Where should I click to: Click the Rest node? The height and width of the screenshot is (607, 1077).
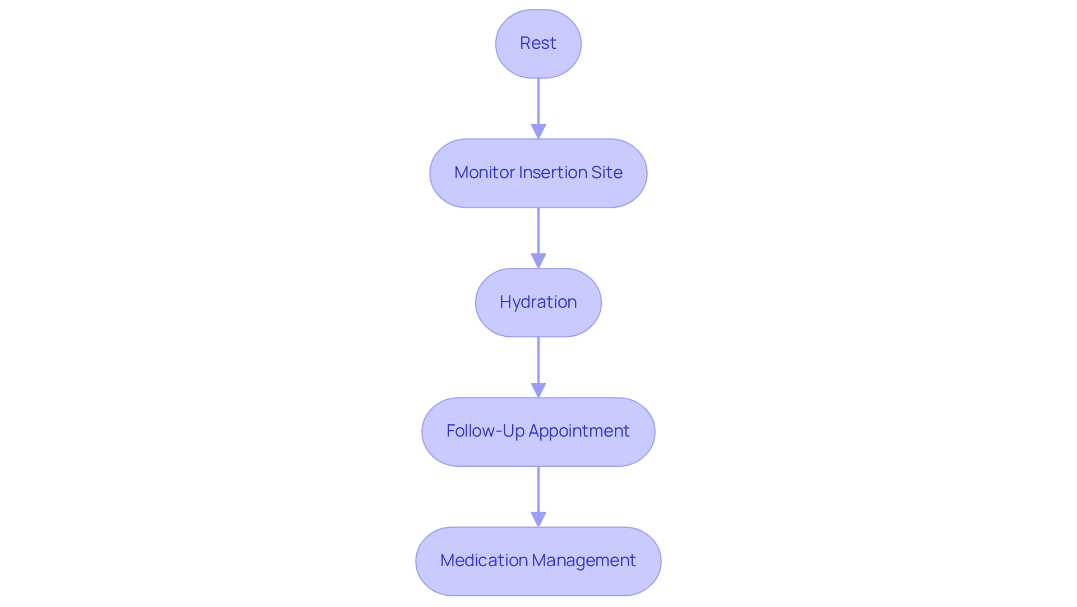coord(538,44)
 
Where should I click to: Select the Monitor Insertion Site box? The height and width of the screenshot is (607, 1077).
coord(538,173)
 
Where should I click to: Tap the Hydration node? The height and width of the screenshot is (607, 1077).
coord(538,303)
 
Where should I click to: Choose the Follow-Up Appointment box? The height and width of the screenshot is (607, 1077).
coord(538,432)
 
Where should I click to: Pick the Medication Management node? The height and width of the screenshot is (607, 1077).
coord(538,561)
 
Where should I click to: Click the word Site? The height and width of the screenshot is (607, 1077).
coord(606,173)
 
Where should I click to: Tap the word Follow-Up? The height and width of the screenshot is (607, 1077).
coord(485,431)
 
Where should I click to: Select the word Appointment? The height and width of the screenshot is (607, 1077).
coord(579,431)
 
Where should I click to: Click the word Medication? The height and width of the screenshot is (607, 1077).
coord(484,560)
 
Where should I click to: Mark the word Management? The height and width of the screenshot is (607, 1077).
coord(583,560)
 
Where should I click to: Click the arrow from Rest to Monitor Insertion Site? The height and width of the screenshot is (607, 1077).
coord(538,104)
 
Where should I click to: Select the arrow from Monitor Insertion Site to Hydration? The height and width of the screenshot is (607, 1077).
coord(538,233)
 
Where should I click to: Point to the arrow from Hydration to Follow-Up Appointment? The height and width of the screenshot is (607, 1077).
coord(538,362)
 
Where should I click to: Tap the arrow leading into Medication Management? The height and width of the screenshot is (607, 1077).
coord(538,491)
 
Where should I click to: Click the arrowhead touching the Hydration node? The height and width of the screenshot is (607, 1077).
coord(538,261)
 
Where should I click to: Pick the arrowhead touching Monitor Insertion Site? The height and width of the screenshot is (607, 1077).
coord(538,132)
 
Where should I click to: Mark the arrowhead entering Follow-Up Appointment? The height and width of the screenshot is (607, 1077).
coord(538,391)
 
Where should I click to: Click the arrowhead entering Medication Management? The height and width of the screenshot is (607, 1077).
coord(538,520)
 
